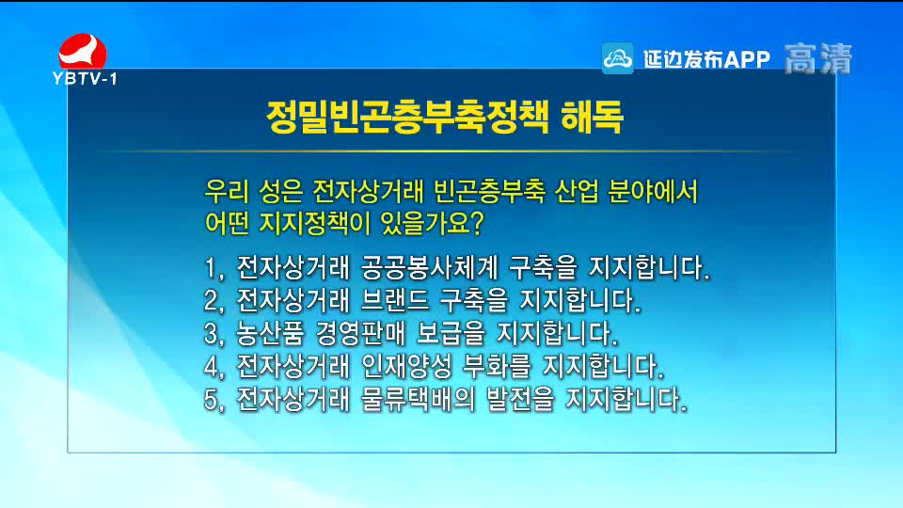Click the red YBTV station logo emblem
click(x=83, y=51)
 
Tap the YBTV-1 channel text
click(x=85, y=78)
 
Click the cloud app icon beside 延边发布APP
click(x=617, y=58)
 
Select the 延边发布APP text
click(x=706, y=58)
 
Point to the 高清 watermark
click(x=817, y=58)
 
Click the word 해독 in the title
click(x=592, y=118)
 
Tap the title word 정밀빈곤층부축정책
click(x=407, y=118)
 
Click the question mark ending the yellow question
click(x=476, y=224)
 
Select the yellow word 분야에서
click(x=653, y=191)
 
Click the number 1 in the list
click(x=210, y=268)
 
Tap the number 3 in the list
click(x=211, y=334)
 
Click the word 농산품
click(x=270, y=333)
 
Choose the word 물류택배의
click(x=418, y=400)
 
